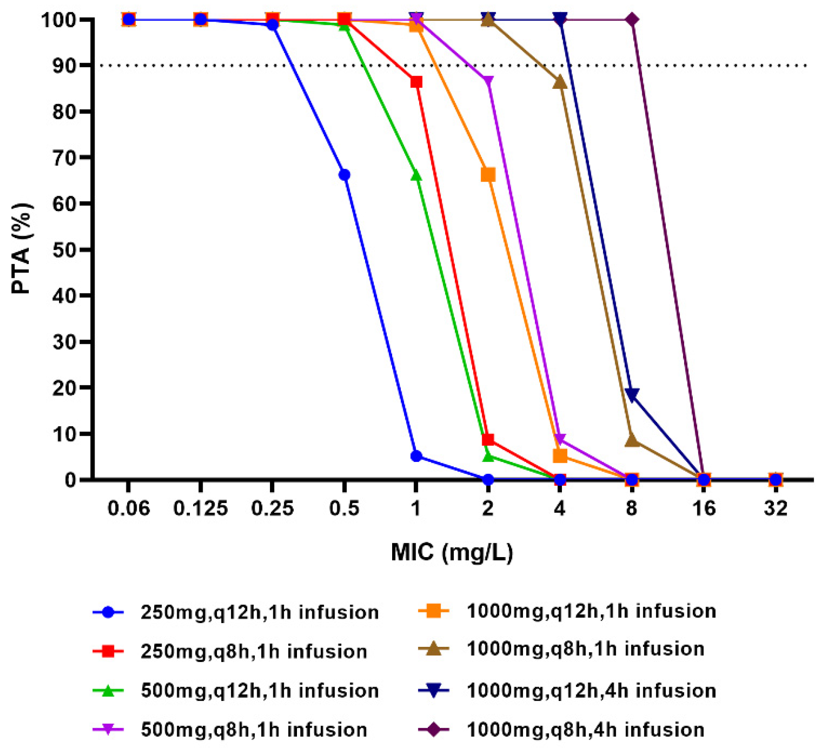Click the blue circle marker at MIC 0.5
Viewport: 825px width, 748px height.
(x=345, y=175)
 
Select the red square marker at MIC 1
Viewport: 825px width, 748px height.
(x=416, y=82)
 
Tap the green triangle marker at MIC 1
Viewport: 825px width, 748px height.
(x=416, y=175)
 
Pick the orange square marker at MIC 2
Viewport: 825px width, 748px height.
(x=488, y=175)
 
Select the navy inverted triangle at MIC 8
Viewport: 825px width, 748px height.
(x=632, y=395)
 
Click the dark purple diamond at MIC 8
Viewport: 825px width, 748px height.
(x=632, y=20)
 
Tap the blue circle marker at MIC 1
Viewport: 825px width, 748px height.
(x=416, y=456)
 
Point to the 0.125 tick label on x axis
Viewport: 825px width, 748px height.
(x=200, y=509)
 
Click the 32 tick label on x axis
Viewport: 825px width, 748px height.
(x=775, y=509)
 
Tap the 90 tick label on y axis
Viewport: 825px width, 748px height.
(x=64, y=66)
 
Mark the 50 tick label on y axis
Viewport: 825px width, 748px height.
(x=64, y=250)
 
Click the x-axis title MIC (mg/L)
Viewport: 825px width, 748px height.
(x=452, y=552)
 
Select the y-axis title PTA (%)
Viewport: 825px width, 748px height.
(x=22, y=249)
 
